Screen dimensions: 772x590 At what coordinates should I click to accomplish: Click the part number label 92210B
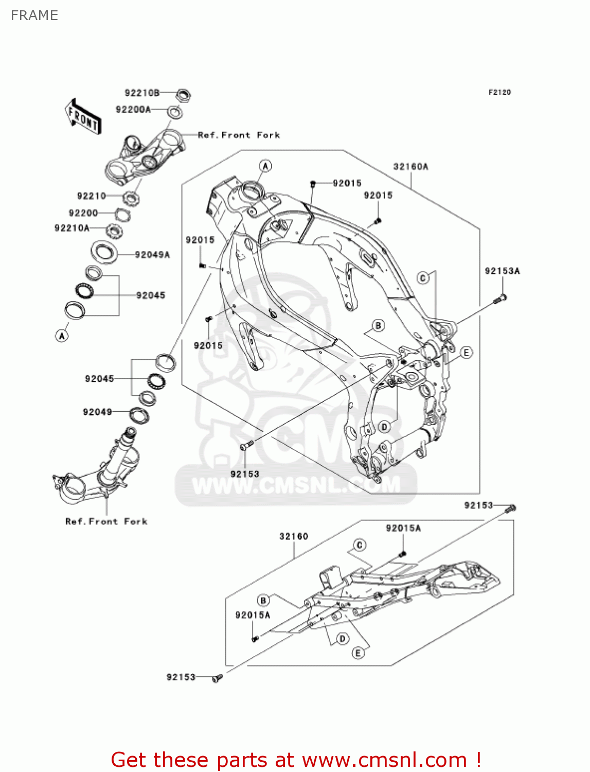142,93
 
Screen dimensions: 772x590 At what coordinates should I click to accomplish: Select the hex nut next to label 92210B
183,95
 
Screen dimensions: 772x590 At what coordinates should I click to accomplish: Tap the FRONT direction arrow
83,116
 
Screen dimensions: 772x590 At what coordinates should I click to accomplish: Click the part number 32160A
410,166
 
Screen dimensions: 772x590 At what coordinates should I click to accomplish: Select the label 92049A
152,255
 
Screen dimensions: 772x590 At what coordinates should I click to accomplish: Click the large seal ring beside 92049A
104,252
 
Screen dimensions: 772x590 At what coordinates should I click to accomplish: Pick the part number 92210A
71,228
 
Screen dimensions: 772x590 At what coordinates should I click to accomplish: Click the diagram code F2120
499,92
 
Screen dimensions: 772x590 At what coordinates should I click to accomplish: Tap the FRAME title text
34,15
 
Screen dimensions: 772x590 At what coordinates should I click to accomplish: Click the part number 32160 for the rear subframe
294,536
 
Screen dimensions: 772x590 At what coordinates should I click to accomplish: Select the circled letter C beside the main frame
423,278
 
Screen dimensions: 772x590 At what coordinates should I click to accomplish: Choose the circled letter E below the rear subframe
358,653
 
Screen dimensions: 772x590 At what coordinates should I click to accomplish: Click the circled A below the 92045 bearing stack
62,336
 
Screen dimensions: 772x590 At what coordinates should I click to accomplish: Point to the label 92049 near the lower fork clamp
97,412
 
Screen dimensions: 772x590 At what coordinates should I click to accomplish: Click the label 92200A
133,109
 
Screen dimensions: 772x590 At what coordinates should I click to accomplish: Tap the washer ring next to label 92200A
175,112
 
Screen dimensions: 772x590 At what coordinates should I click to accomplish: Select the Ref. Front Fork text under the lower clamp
106,521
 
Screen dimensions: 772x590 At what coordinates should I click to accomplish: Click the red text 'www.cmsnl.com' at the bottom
384,760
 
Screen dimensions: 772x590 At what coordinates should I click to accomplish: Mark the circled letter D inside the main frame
384,427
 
